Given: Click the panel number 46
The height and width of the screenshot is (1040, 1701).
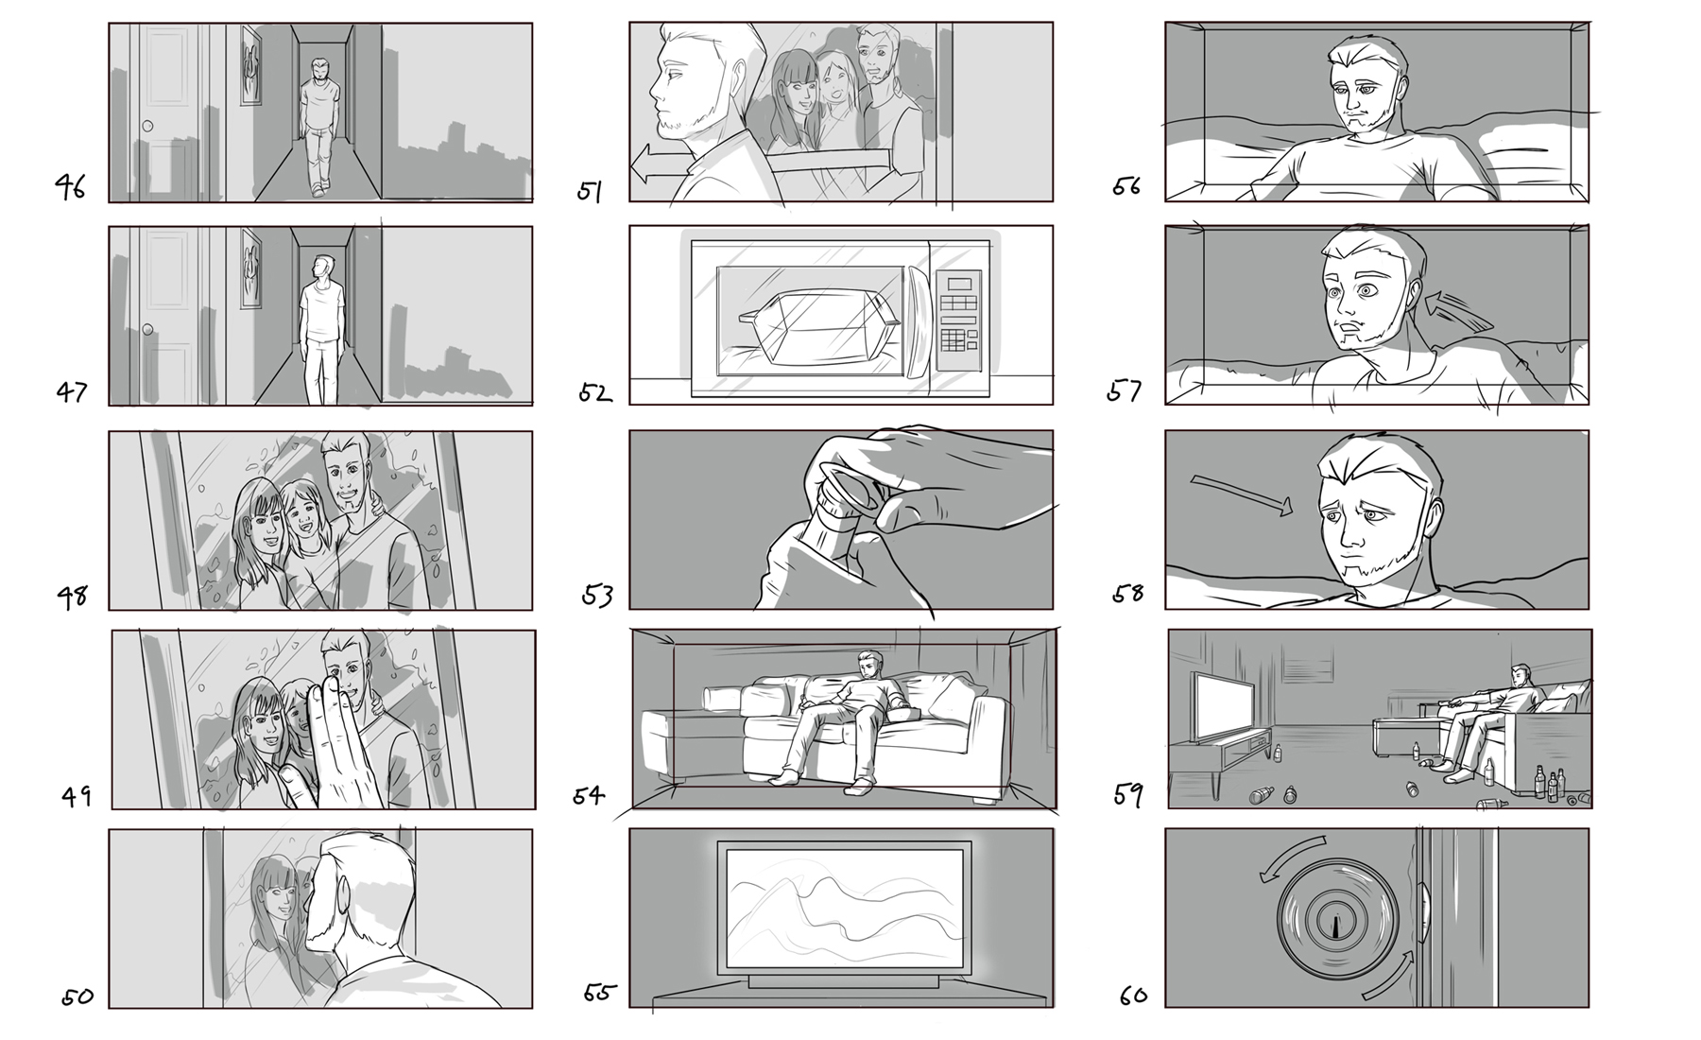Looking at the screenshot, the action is (69, 186).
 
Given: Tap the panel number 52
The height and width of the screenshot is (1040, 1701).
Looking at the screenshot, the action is (594, 391).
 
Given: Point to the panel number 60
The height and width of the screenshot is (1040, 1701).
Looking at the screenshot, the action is (1133, 995).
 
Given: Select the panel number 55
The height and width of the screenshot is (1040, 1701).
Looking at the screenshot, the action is (600, 993).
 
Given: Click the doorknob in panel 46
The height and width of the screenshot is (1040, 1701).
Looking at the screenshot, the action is (146, 127).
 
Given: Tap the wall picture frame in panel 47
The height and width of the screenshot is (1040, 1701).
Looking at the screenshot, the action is (251, 269).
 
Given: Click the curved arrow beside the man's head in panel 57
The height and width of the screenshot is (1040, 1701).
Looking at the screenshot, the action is (1458, 312).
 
